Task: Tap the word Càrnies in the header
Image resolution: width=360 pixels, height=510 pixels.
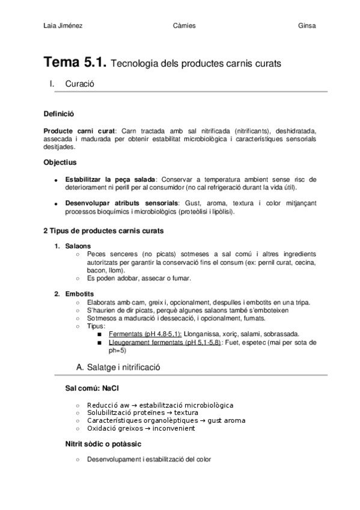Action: (x=183, y=26)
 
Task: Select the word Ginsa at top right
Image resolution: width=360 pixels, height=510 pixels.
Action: (x=307, y=26)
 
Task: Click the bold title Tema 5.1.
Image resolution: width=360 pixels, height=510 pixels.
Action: (x=76, y=62)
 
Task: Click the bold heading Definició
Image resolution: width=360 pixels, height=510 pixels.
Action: (x=59, y=114)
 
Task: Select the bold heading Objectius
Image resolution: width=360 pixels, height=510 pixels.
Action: (x=60, y=162)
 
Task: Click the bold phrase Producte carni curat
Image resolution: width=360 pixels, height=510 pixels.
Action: (x=81, y=131)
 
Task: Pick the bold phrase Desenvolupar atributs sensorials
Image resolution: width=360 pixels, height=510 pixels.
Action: (x=121, y=203)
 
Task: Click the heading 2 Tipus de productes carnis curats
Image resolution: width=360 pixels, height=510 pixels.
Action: (x=103, y=230)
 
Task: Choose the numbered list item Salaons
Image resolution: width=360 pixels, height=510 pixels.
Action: (x=79, y=245)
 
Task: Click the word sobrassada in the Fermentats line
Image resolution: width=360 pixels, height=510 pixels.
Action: (x=280, y=334)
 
